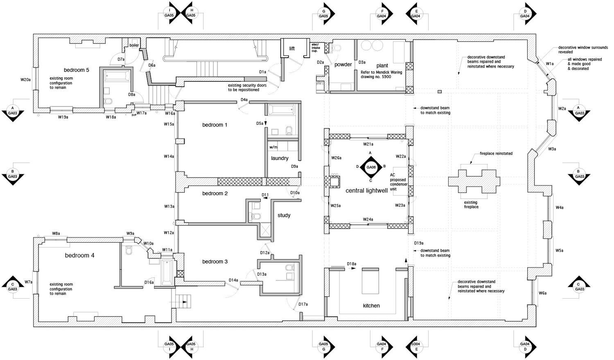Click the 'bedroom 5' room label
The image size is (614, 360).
[x=76, y=70]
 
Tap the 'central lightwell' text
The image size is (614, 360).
[x=367, y=191]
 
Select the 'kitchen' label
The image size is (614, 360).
[x=371, y=306]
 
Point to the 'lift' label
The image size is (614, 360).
[x=292, y=49]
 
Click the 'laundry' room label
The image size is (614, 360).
[x=280, y=158]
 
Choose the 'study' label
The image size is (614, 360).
[x=284, y=216]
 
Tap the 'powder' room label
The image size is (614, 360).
[x=343, y=65]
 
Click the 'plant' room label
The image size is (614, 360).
[x=382, y=65]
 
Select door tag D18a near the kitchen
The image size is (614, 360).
[x=352, y=264]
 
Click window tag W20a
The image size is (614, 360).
[x=25, y=80]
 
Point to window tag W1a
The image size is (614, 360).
[x=550, y=64]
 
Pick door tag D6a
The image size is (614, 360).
[x=151, y=65]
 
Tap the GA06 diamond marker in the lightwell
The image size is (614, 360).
[x=371, y=167]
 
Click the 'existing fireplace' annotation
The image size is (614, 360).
[x=471, y=205]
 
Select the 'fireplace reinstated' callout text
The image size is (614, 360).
[x=496, y=153]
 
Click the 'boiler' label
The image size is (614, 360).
[x=134, y=45]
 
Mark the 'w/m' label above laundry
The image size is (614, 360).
[x=273, y=147]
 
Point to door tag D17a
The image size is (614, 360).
[x=303, y=304]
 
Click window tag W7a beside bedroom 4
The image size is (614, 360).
[x=28, y=282]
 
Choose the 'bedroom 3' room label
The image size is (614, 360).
[x=215, y=262]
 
